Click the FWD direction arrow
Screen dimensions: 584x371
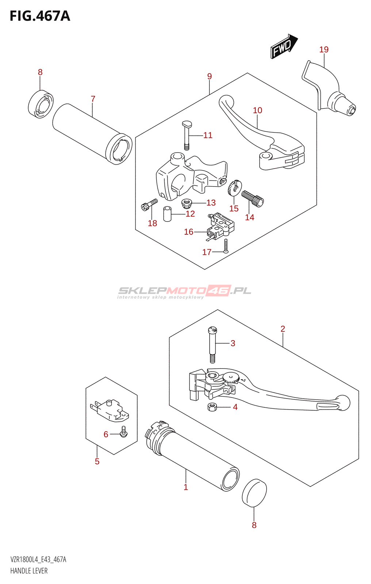click(x=284, y=46)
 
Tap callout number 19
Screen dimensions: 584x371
click(x=324, y=50)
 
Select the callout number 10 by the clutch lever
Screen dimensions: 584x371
click(x=257, y=110)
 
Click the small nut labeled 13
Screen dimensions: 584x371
click(x=187, y=202)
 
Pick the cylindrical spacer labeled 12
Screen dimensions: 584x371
click(x=167, y=214)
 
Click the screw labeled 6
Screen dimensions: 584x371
click(x=123, y=432)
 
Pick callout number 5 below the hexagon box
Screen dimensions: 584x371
click(x=97, y=461)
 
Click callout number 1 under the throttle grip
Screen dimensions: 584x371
click(x=186, y=487)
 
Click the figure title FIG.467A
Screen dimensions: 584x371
click(x=40, y=16)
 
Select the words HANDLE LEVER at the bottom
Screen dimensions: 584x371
click(x=29, y=571)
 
